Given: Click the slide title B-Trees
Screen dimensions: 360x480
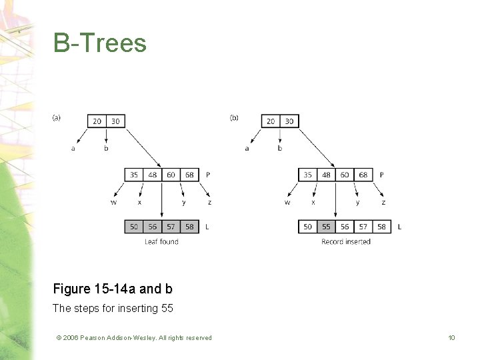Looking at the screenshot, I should [x=100, y=43].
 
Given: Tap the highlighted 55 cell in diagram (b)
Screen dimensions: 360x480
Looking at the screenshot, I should [x=326, y=227].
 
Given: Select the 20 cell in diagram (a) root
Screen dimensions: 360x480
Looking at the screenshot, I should [x=97, y=121].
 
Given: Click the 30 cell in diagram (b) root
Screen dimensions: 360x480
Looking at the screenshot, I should [x=289, y=121].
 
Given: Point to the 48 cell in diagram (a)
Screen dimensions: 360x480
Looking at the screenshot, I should [x=153, y=175].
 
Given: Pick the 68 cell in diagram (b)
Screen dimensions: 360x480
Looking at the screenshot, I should [x=363, y=175].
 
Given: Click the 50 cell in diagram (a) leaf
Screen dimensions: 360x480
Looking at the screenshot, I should [x=134, y=227].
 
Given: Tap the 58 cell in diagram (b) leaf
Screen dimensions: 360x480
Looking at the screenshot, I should [x=381, y=227].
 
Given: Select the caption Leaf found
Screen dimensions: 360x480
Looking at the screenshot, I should [x=161, y=241].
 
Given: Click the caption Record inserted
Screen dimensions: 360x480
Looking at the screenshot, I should [x=345, y=241].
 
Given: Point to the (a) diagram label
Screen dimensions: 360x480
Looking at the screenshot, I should [x=57, y=117].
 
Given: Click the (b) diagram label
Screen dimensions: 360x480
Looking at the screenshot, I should [x=234, y=117].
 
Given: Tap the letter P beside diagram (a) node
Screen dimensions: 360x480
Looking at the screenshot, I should [x=208, y=175].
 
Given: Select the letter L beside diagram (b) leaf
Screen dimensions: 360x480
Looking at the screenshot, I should [x=399, y=227].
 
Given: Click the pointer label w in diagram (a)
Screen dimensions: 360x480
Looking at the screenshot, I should [x=113, y=202].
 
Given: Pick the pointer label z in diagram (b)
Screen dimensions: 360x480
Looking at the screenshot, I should [x=383, y=202].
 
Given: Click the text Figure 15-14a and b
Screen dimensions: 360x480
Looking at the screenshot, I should [x=113, y=289].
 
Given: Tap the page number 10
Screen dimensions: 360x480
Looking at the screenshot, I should [x=451, y=338].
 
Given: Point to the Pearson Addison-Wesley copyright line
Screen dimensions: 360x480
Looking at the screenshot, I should [x=134, y=338].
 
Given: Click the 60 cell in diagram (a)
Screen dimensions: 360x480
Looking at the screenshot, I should [x=171, y=175].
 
